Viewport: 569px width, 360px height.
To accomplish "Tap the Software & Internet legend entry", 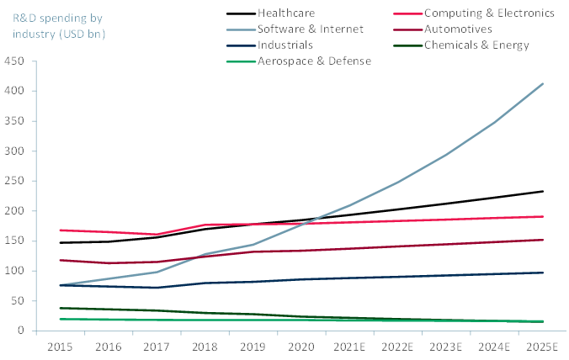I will [x=311, y=29].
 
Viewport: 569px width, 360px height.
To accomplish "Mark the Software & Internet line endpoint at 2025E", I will [x=543, y=83].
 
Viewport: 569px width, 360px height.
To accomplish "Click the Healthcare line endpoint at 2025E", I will [x=543, y=191].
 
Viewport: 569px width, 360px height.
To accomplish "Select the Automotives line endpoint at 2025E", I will [x=543, y=240].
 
